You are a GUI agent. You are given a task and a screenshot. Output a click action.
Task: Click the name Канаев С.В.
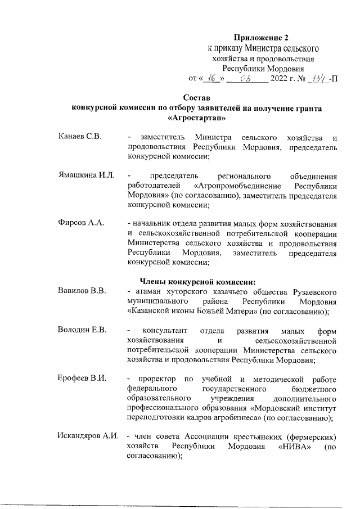[x=79, y=138]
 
